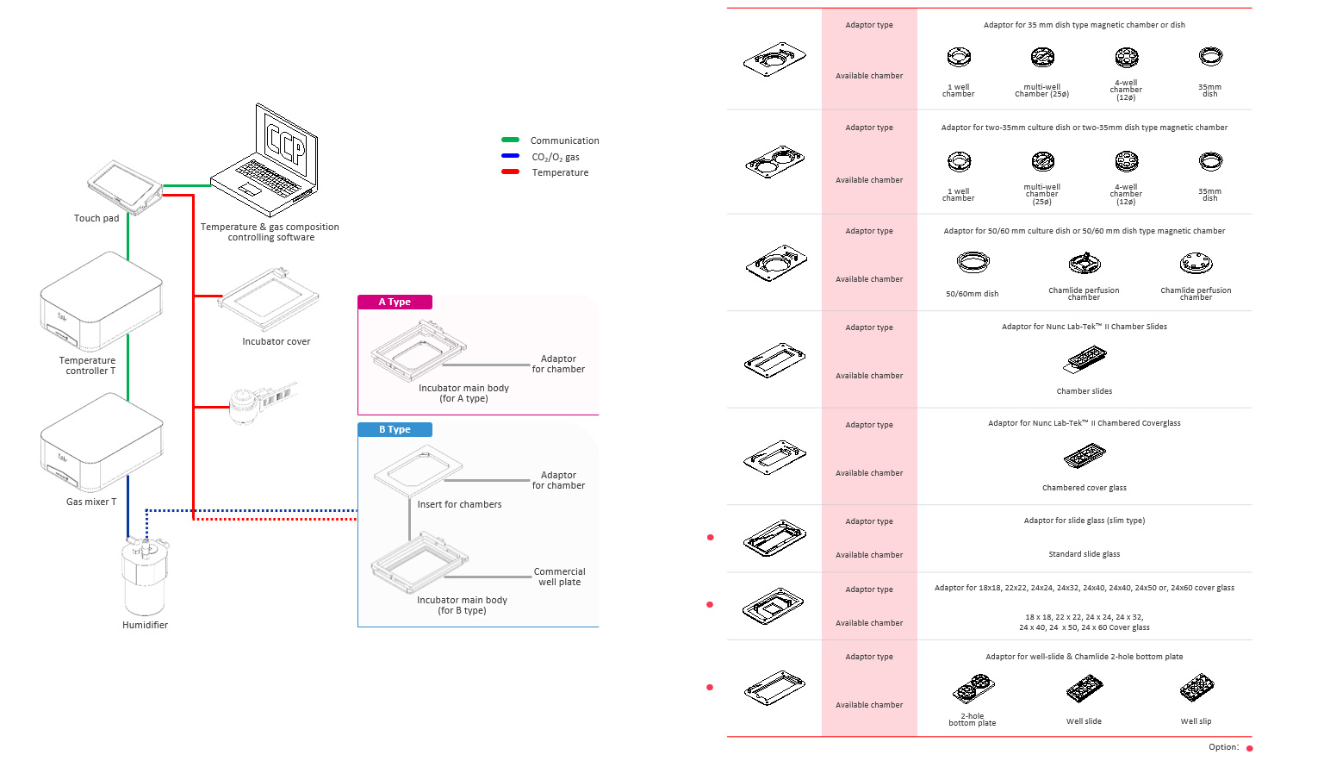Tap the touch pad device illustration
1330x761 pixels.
[x=124, y=186]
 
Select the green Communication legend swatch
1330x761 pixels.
[x=510, y=140]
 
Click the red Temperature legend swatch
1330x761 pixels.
[x=510, y=172]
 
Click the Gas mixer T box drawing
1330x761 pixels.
[x=102, y=444]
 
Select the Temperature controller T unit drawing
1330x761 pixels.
[x=102, y=302]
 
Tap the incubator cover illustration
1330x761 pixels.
[x=269, y=299]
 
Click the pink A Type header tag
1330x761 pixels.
[x=395, y=302]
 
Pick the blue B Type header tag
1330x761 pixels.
[x=395, y=429]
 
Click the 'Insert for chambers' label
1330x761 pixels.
[x=459, y=505]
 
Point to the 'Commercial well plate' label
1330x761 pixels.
[x=559, y=577]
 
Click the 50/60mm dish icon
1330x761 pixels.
[x=973, y=262]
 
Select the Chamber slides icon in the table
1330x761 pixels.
[x=1085, y=359]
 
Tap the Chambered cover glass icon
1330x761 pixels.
[x=1085, y=456]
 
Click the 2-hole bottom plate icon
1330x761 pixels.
[x=973, y=689]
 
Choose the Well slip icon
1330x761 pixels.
[x=1196, y=689]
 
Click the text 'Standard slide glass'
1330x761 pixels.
[x=1084, y=554]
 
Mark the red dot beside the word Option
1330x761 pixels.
[x=1249, y=748]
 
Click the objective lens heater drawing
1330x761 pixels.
[x=258, y=402]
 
